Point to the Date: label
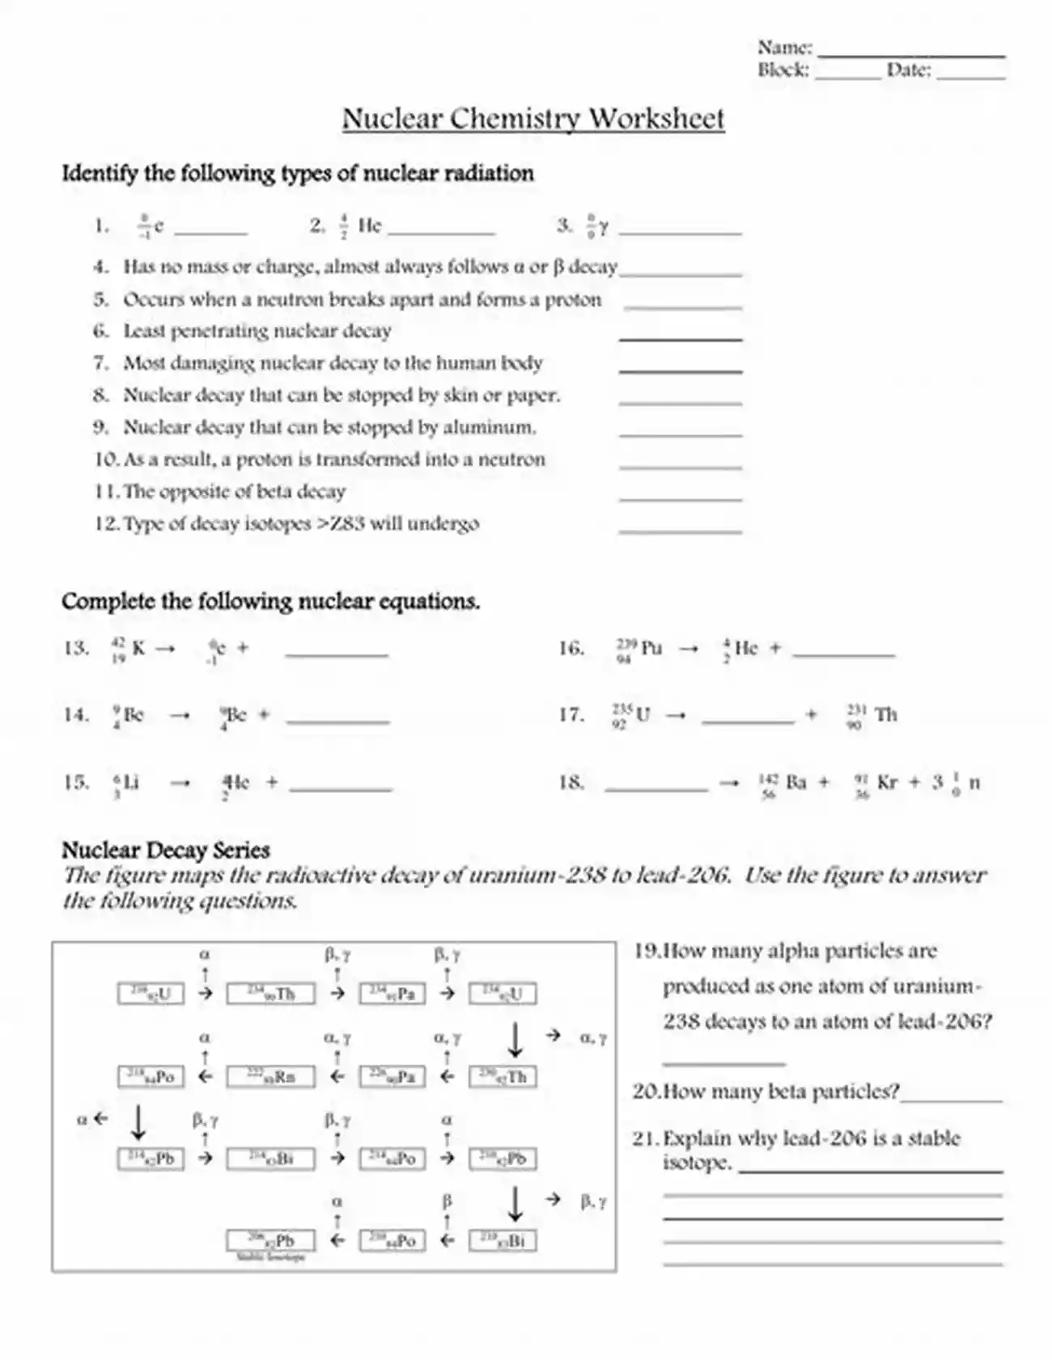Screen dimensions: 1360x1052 pos(909,70)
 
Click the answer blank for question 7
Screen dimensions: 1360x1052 pos(680,369)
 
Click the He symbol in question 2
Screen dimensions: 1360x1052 pos(370,226)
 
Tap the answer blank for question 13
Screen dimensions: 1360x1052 pos(337,652)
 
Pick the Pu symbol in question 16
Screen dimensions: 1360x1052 pos(651,648)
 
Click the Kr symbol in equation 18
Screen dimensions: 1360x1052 pos(887,782)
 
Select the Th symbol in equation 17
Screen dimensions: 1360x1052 pos(886,715)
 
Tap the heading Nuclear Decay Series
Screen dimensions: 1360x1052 pos(165,850)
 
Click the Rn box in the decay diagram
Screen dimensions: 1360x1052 pos(270,1077)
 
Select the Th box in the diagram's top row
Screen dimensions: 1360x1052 pos(270,994)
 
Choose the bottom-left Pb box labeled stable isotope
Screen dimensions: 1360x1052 pos(270,1240)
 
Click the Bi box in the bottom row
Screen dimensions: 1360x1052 pos(503,1240)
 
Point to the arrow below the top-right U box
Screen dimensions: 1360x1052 pos(515,1040)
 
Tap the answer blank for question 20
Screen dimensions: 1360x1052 pos(952,1099)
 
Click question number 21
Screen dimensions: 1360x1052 pos(644,1139)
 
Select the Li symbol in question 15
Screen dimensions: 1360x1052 pos(131,782)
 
